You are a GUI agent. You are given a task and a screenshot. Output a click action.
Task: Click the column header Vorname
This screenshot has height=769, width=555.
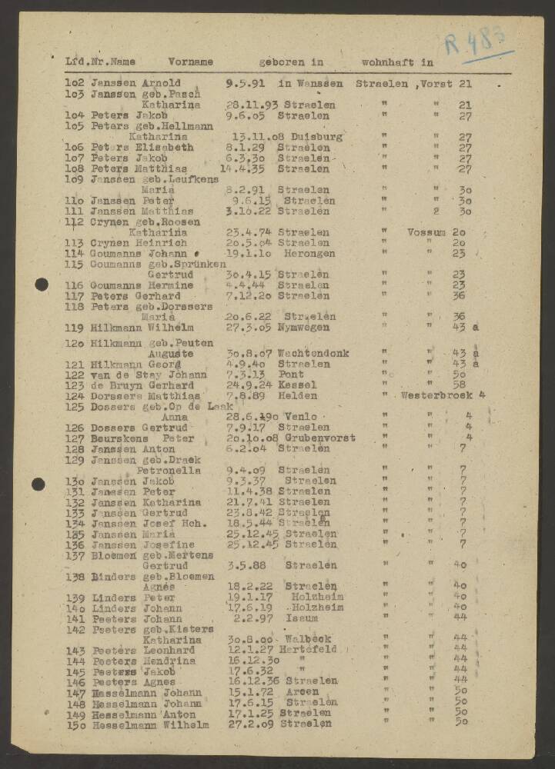191,62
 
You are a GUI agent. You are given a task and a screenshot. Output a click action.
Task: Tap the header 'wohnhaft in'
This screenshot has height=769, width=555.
398,62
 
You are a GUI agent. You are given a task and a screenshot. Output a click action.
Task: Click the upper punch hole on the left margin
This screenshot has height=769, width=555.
41,285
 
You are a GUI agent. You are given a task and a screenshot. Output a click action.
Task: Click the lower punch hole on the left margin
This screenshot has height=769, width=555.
38,484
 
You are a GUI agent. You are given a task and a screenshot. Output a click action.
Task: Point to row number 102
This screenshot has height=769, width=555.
75,83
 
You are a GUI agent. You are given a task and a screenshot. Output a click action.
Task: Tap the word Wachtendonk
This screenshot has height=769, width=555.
313,354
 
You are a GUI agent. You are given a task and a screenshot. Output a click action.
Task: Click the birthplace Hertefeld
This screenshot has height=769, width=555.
308,650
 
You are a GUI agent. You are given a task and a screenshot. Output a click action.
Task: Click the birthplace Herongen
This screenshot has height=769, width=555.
307,253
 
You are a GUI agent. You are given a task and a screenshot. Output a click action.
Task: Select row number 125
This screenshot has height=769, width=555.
75,407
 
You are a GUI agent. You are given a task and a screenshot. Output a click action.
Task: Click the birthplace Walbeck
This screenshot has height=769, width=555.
308,639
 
